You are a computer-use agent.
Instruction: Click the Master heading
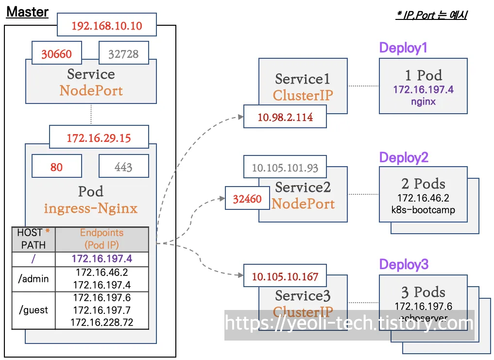coord(27,12)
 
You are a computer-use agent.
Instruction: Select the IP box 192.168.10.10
coord(107,26)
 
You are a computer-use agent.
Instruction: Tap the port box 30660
coord(56,54)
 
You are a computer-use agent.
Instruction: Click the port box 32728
coord(123,54)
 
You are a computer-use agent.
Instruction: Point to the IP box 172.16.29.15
coord(99,138)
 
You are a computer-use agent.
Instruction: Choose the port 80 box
coord(56,167)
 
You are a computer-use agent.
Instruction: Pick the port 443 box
coord(123,167)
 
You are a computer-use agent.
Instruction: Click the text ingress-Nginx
coord(91,208)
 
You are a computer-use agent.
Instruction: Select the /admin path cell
coord(34,278)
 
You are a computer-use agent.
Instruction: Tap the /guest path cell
coord(34,309)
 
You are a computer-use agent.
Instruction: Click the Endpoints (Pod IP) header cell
coord(102,239)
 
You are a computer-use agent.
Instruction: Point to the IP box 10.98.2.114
coord(285,117)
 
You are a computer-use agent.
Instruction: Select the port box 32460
coord(247,199)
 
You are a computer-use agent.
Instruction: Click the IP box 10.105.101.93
coord(285,168)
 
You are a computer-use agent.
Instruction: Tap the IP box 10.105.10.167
coord(285,276)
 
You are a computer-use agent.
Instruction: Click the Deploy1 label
coord(403,48)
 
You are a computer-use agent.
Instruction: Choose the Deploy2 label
coord(404,157)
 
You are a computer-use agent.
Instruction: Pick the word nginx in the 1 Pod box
coord(423,102)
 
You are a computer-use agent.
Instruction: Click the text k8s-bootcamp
coord(423,210)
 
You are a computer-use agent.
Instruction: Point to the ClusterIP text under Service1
coord(303,95)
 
